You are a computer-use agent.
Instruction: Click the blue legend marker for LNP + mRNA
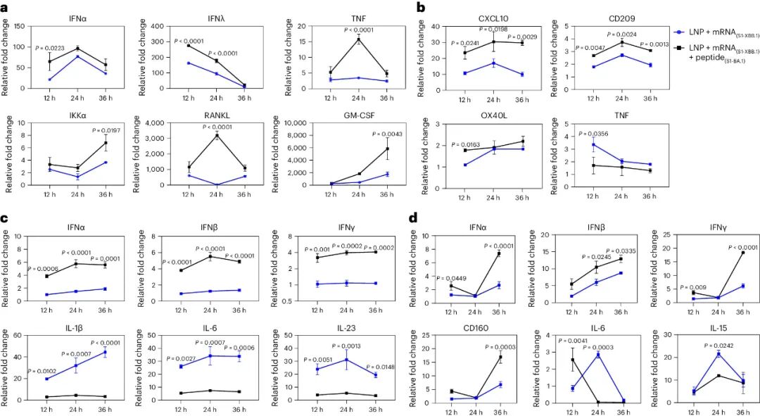(x=678, y=32)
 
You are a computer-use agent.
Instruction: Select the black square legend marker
(x=678, y=49)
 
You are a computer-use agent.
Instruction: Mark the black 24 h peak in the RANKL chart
(x=214, y=135)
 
